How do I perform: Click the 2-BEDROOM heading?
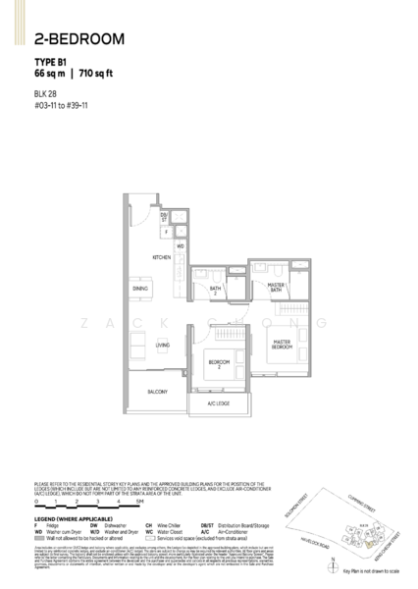[78, 40]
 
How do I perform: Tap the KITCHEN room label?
[161, 258]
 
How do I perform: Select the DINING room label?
[141, 289]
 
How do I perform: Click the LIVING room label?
[163, 346]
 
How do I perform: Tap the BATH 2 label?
[214, 291]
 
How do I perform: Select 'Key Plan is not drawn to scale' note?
[389, 569]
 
